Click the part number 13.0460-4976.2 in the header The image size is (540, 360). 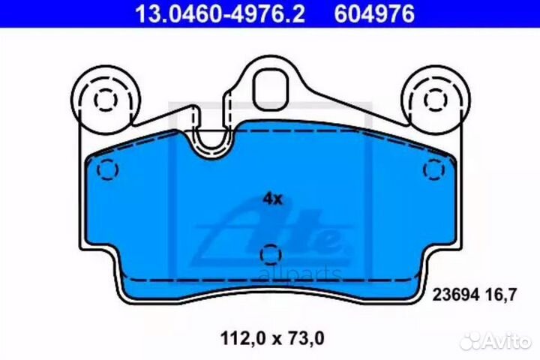click(220, 13)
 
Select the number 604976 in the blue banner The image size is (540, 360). click(374, 13)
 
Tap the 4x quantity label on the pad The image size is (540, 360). click(272, 199)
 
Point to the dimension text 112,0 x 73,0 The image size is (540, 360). click(272, 338)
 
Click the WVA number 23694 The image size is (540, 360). click(456, 295)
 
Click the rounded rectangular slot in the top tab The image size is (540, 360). click(271, 89)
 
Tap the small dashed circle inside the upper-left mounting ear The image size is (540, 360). click(106, 100)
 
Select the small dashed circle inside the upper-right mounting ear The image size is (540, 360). click(436, 100)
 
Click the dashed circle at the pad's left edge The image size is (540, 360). click(107, 169)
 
